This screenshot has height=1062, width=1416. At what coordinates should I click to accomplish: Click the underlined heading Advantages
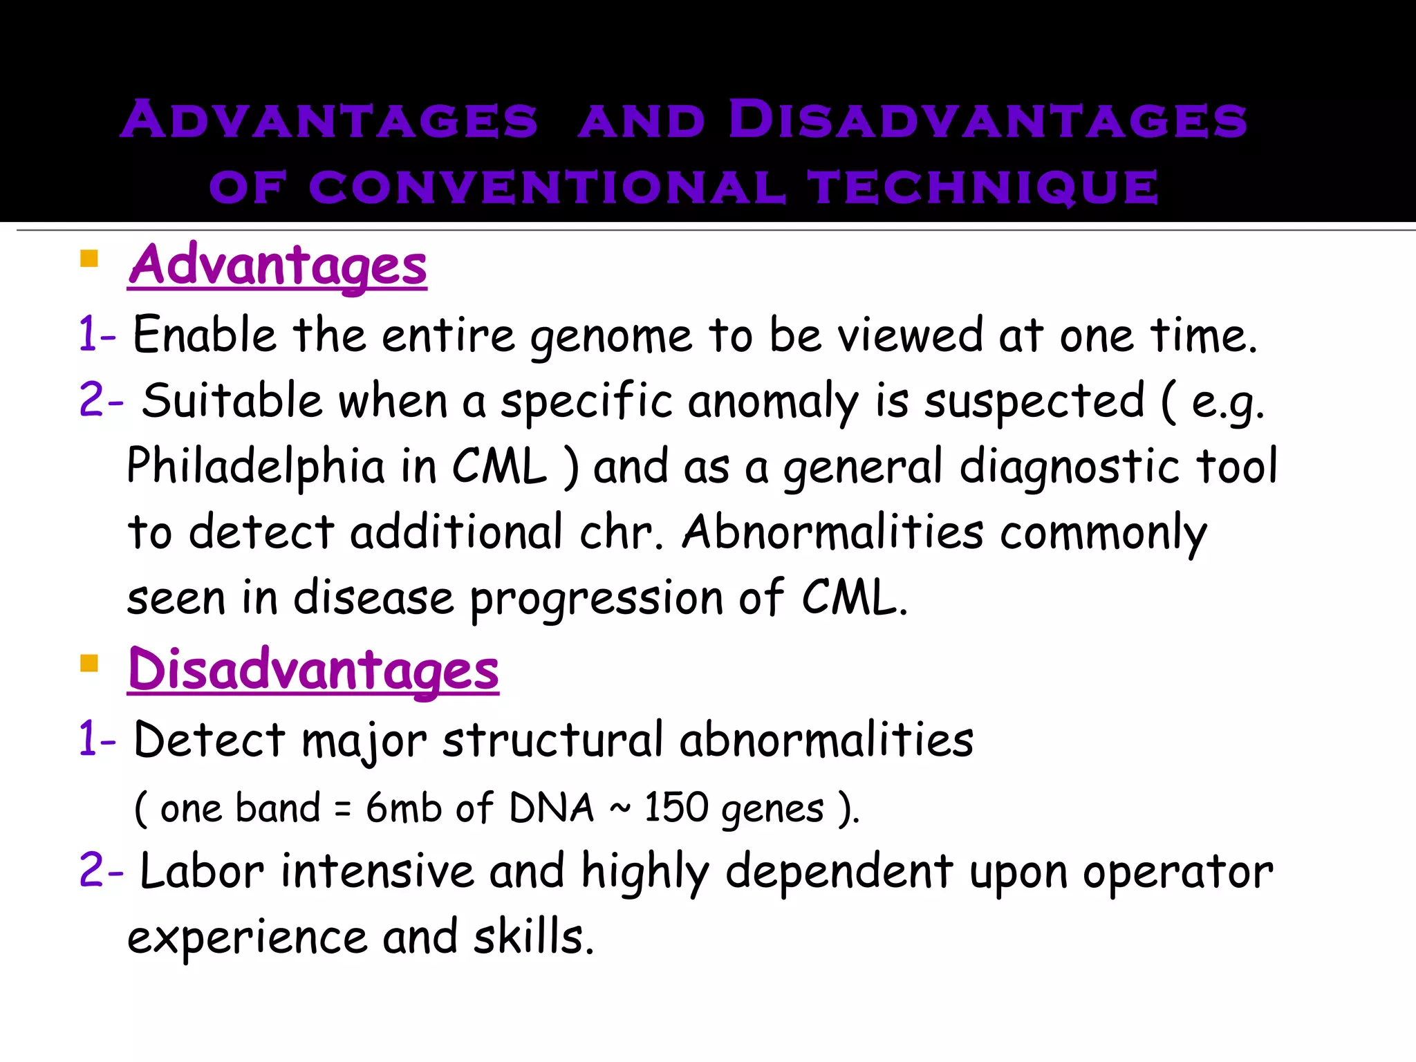click(x=277, y=265)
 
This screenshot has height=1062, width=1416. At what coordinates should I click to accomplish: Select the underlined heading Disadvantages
click(x=313, y=670)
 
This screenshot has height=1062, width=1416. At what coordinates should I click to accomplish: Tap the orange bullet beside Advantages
click(x=89, y=259)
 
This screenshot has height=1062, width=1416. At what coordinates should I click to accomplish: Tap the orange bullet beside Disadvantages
click(x=89, y=664)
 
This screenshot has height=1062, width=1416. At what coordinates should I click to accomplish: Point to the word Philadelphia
click(x=256, y=466)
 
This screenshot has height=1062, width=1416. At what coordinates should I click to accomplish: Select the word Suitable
click(x=232, y=401)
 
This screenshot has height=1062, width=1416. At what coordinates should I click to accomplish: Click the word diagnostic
click(x=1069, y=467)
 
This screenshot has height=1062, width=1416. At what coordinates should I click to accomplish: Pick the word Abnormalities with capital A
click(x=832, y=532)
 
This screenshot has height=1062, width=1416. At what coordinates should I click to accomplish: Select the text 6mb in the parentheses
click(x=403, y=807)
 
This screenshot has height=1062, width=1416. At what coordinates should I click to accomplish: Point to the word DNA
click(x=551, y=807)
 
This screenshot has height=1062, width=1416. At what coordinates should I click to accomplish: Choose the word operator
click(x=1177, y=873)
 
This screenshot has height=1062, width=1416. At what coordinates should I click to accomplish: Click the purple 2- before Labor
click(x=101, y=870)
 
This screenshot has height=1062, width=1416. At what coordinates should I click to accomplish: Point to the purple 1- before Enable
click(x=97, y=334)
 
